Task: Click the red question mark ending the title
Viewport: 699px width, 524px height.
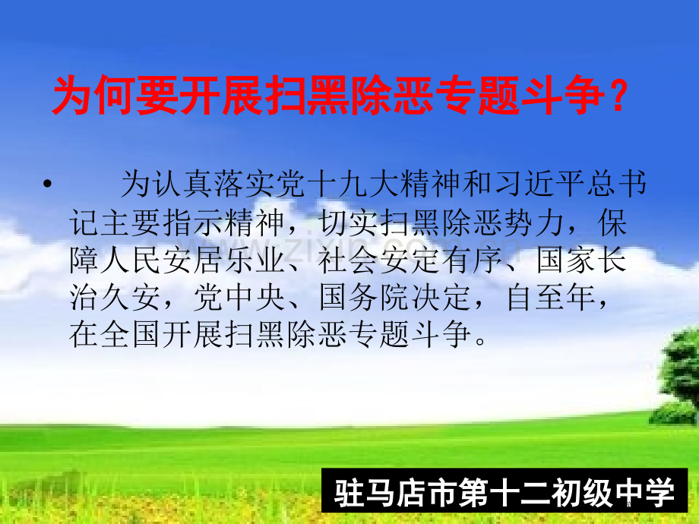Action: point(618,96)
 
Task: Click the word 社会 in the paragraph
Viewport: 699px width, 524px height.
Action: point(348,260)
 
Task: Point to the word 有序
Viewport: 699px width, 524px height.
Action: point(472,260)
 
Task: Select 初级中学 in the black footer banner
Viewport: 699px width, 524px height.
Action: point(612,493)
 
